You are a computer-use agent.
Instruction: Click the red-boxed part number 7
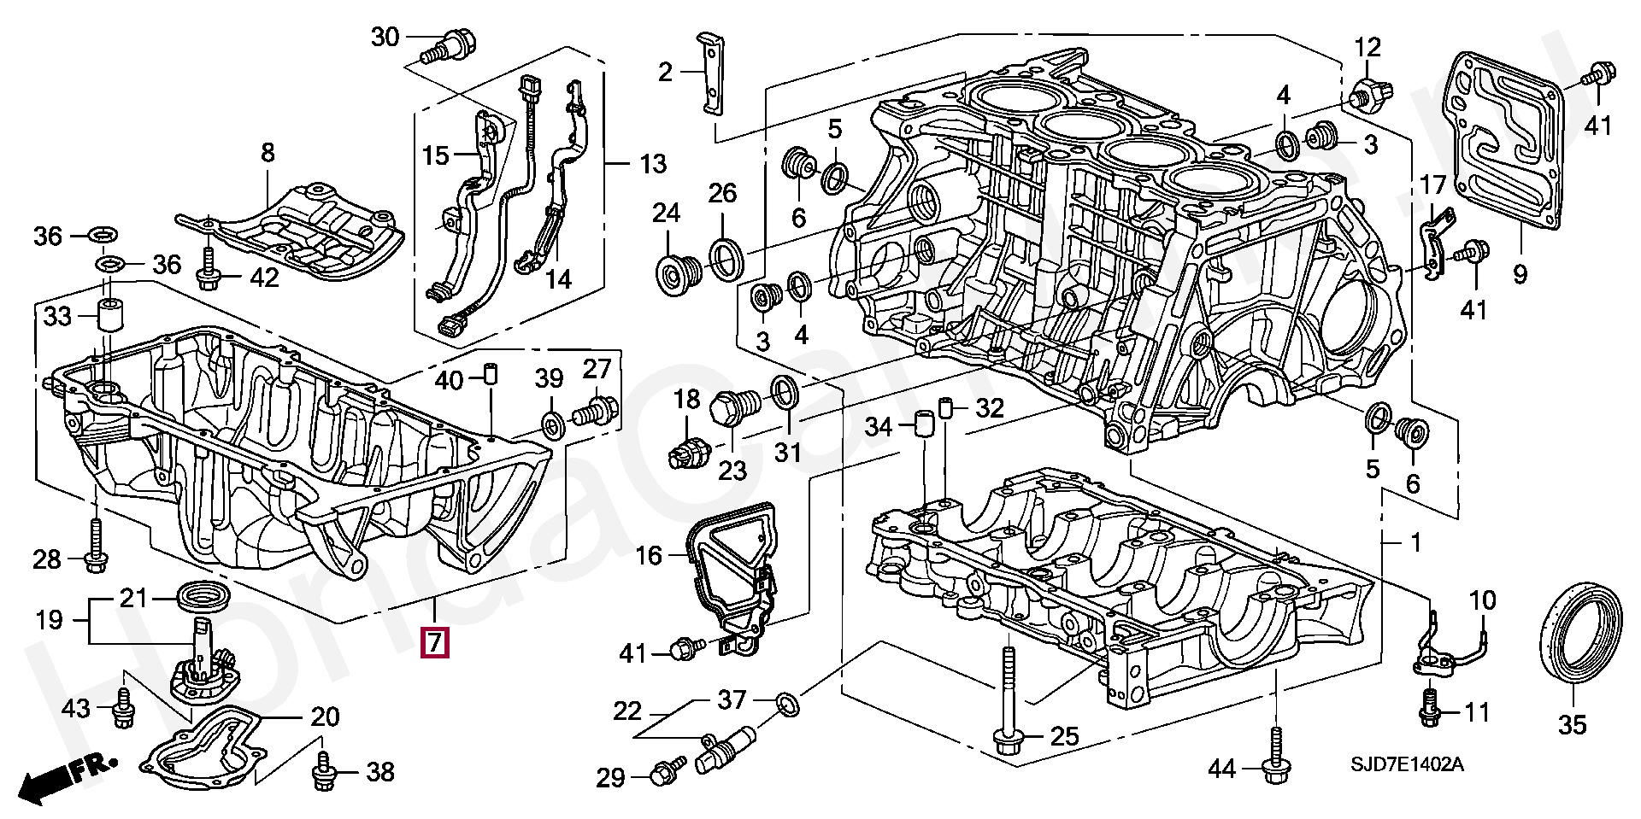[434, 643]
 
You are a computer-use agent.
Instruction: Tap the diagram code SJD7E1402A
[1401, 766]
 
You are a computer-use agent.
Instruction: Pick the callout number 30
[385, 37]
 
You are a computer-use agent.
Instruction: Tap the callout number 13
[653, 163]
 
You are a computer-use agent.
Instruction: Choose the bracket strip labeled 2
[709, 75]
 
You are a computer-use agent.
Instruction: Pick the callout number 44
[1222, 769]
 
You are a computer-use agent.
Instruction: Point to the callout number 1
[1415, 541]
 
